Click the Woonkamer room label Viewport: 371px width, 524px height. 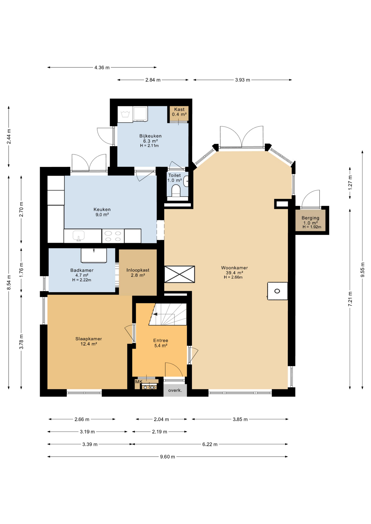pos(234,268)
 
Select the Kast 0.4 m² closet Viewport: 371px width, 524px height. pos(179,114)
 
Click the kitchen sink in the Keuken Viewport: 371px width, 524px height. pos(78,236)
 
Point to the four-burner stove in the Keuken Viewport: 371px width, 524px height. pos(113,236)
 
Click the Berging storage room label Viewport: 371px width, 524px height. pos(310,218)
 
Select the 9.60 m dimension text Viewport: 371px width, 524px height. pos(167,457)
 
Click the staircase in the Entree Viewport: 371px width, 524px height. pos(168,314)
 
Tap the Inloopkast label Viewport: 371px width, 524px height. pos(138,270)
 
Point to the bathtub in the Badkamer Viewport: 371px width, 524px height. pos(94,255)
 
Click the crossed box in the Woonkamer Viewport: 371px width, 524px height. pos(179,274)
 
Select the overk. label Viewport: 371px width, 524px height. pos(175,390)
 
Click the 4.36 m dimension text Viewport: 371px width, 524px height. pos(102,67)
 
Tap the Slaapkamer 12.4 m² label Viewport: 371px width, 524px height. pos(89,341)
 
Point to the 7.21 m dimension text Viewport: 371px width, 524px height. pos(350,299)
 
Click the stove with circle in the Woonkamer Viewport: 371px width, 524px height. pos(278,291)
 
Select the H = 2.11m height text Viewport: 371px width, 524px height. pos(149,146)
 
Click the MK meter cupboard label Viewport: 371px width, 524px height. pos(139,382)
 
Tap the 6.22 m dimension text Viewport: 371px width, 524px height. pos(210,444)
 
